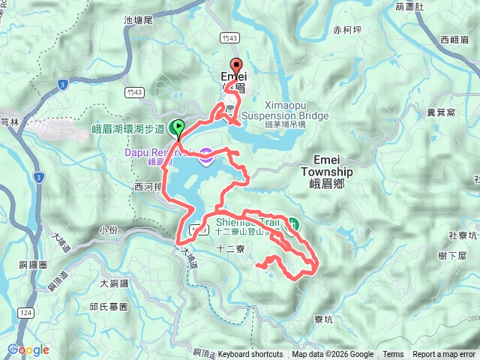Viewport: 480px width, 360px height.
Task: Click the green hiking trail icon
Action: (x=294, y=223)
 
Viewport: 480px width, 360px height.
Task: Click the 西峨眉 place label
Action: (x=454, y=40)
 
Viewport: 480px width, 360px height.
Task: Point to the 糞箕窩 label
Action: (x=441, y=112)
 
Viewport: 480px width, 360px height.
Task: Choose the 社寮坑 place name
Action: (x=463, y=235)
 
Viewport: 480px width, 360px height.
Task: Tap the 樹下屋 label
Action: (x=453, y=256)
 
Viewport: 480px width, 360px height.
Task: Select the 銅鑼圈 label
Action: (x=32, y=265)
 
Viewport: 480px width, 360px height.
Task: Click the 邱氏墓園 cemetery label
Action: (x=109, y=307)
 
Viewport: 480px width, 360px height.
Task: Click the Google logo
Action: (x=28, y=349)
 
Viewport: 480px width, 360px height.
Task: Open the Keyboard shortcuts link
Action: (x=250, y=355)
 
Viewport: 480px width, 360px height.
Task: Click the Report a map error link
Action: (x=445, y=355)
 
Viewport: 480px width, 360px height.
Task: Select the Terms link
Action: (x=393, y=355)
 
